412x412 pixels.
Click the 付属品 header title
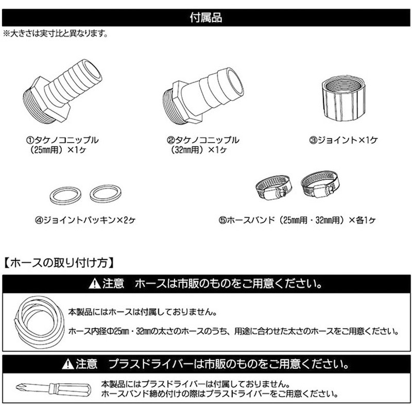click(x=206, y=18)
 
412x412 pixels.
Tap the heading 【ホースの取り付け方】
click(x=59, y=263)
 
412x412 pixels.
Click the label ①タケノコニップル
click(x=64, y=140)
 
